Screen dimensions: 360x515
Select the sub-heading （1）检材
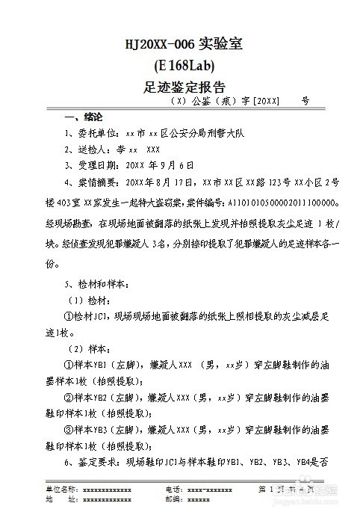(90, 300)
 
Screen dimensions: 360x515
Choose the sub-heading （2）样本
(90, 349)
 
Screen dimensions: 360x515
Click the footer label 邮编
(173, 499)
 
